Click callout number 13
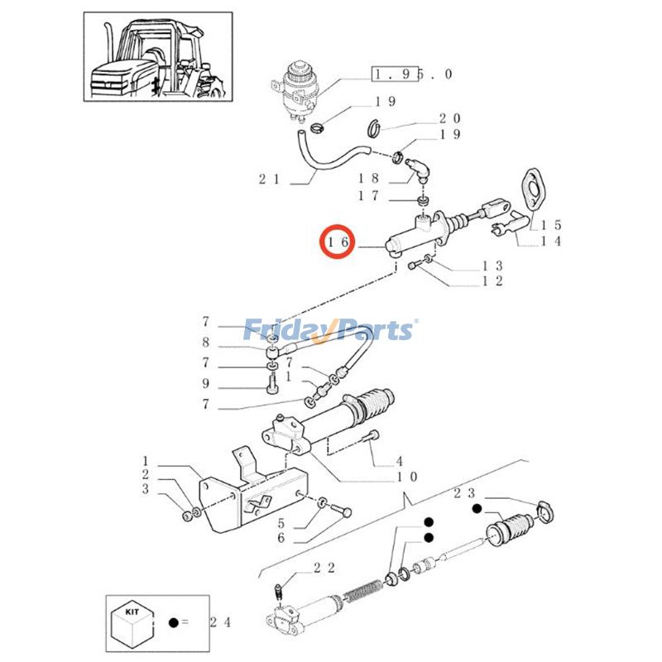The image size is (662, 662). [493, 266]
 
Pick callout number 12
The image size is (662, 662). [493, 281]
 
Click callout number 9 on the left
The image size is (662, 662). [207, 384]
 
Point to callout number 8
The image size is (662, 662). [207, 342]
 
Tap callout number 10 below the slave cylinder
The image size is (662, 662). [407, 477]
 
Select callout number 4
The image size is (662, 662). [398, 460]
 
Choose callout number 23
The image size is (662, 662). [464, 493]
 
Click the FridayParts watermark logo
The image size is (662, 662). [331, 330]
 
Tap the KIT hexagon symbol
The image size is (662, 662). [132, 622]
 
